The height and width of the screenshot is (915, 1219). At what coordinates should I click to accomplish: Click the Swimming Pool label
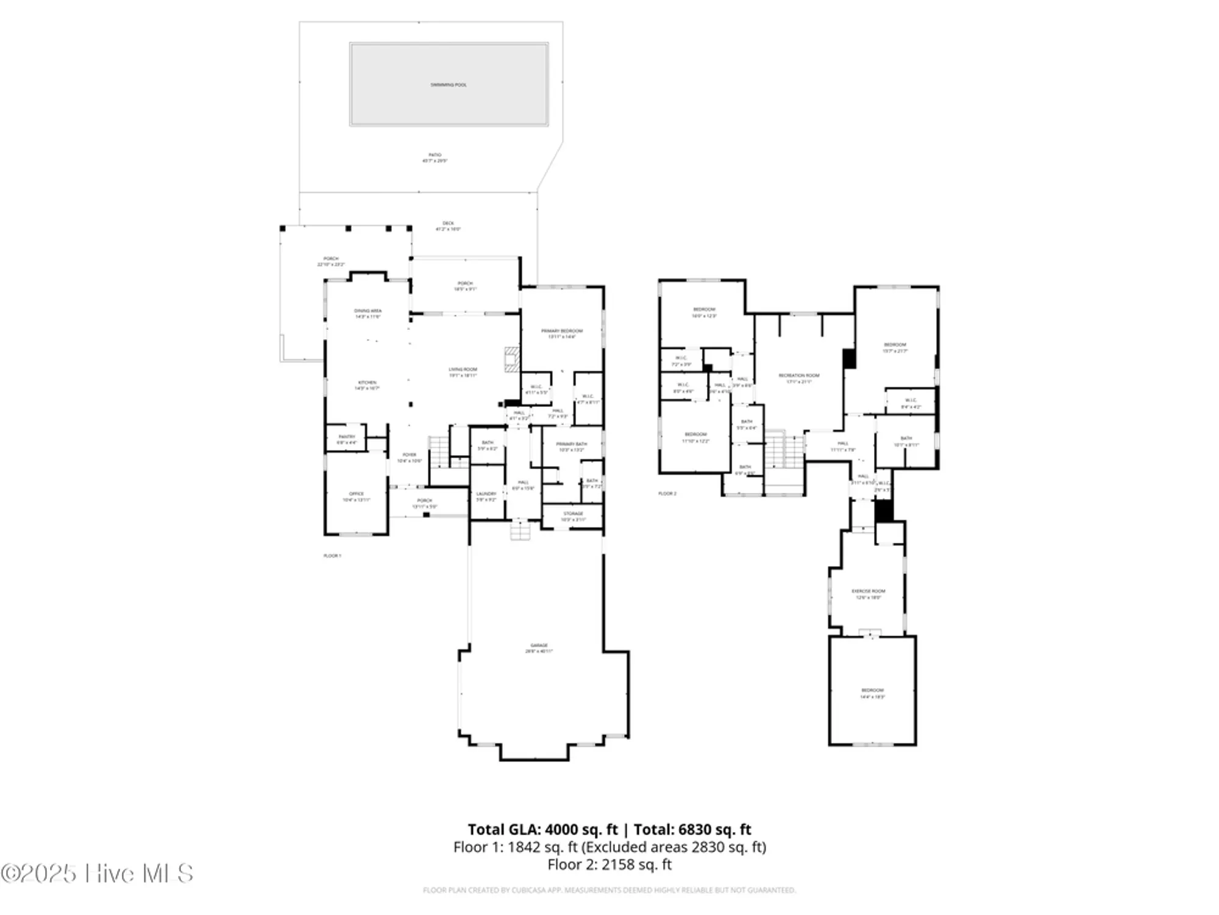449,85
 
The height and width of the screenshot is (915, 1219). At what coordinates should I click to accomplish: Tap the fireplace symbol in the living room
511,359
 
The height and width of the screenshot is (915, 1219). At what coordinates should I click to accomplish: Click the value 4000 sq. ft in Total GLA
581,830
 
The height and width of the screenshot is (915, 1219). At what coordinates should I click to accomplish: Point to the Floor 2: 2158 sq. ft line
609,864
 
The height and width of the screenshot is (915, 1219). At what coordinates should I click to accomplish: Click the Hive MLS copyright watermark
98,874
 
